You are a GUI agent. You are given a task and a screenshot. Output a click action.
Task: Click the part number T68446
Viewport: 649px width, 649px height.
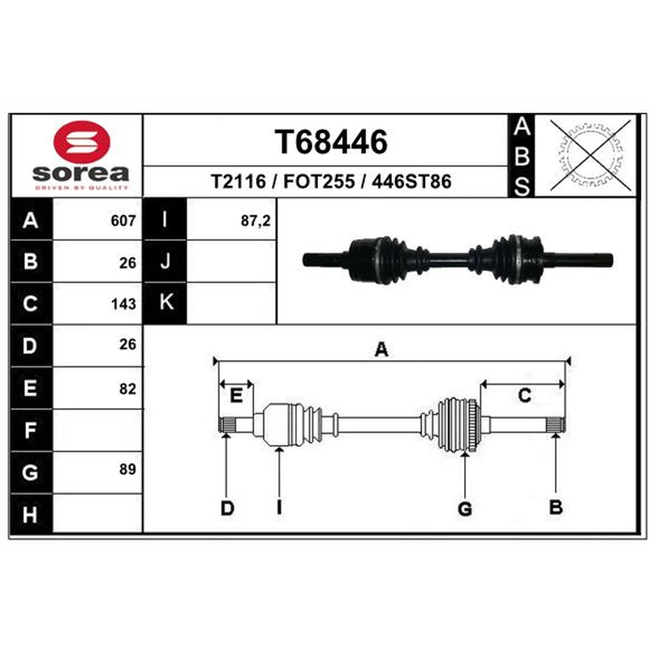(331, 141)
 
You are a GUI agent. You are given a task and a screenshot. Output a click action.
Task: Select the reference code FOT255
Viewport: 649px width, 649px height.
(319, 182)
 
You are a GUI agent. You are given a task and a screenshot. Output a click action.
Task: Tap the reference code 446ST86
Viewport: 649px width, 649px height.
(411, 182)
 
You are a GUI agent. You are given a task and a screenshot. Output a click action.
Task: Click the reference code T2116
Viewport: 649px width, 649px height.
(239, 182)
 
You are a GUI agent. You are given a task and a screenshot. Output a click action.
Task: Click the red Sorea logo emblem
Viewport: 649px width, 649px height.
(82, 141)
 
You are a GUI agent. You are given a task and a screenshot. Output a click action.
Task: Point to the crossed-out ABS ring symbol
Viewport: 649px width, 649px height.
(591, 156)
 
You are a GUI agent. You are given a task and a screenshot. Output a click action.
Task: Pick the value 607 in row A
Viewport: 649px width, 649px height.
(123, 221)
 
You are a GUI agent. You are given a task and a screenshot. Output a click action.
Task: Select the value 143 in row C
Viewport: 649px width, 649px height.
(123, 304)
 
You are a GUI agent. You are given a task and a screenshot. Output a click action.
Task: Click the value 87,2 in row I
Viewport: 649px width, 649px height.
(256, 221)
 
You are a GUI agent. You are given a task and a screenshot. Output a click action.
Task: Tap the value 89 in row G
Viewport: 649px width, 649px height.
(127, 469)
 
